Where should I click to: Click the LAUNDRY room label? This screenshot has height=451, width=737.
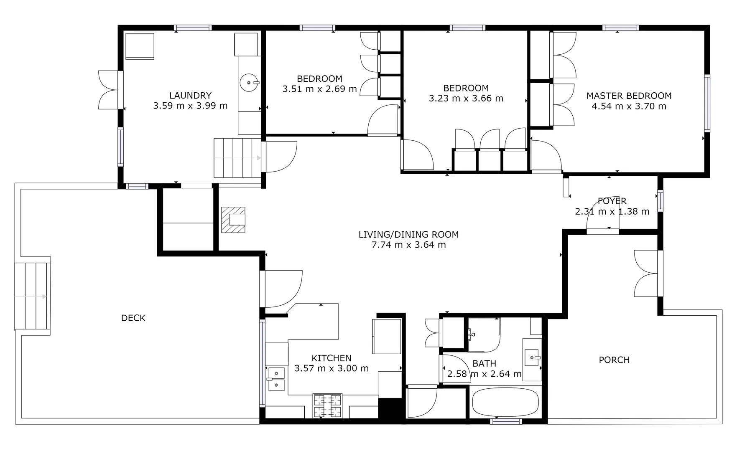coord(190,96)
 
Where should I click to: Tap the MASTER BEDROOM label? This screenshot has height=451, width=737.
coord(629,96)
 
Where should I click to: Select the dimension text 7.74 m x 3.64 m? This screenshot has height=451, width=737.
coord(408,245)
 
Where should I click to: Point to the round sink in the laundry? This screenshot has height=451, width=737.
coord(249,82)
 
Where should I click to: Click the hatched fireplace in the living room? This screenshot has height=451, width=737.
coord(233,220)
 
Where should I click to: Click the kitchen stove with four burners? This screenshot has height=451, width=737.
coord(327,405)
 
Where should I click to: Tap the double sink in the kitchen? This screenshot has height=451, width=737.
coord(276,379)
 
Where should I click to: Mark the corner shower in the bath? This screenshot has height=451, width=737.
coord(484,334)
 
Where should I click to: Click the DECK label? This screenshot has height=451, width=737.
coord(133,318)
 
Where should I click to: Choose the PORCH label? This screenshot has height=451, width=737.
coord(614,360)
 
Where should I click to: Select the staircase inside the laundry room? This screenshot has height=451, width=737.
coord(237,158)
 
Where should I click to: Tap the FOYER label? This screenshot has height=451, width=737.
coord(612,201)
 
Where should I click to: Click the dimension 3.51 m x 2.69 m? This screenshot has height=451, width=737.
coord(320,89)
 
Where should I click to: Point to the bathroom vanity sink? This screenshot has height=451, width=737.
coord(532,357)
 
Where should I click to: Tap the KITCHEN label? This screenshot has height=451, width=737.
coord(332,358)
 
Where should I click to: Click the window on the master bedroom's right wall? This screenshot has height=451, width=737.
coord(707,103)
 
